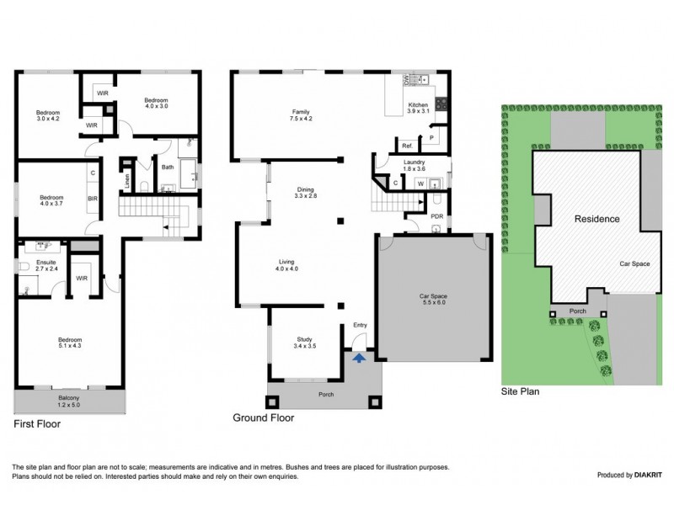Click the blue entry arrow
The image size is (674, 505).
click(x=359, y=357)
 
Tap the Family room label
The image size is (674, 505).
click(x=302, y=115)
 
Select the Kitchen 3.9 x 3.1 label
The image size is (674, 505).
click(x=418, y=107)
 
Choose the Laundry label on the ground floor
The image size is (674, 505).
click(x=414, y=165)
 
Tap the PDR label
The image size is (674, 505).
click(x=436, y=215)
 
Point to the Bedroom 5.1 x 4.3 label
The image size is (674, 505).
click(x=70, y=343)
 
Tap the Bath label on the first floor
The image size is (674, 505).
click(x=168, y=167)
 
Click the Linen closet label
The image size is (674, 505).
click(x=128, y=178)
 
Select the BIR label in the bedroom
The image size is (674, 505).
click(x=93, y=199)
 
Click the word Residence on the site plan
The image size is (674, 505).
click(x=596, y=219)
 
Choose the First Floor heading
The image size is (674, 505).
click(x=37, y=425)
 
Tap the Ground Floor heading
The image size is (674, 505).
click(x=261, y=417)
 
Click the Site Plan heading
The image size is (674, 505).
click(x=520, y=391)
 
